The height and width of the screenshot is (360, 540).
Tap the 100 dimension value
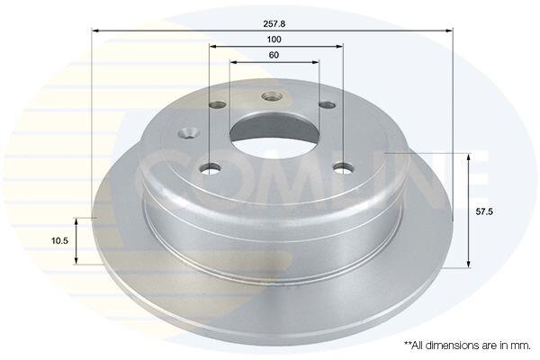274,40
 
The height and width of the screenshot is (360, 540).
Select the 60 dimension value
274,55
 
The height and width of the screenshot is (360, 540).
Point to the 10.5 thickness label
59,241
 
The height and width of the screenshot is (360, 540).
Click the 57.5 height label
484,211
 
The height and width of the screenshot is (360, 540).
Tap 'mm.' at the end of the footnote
522,346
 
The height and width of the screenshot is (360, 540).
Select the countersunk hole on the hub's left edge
189,132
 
